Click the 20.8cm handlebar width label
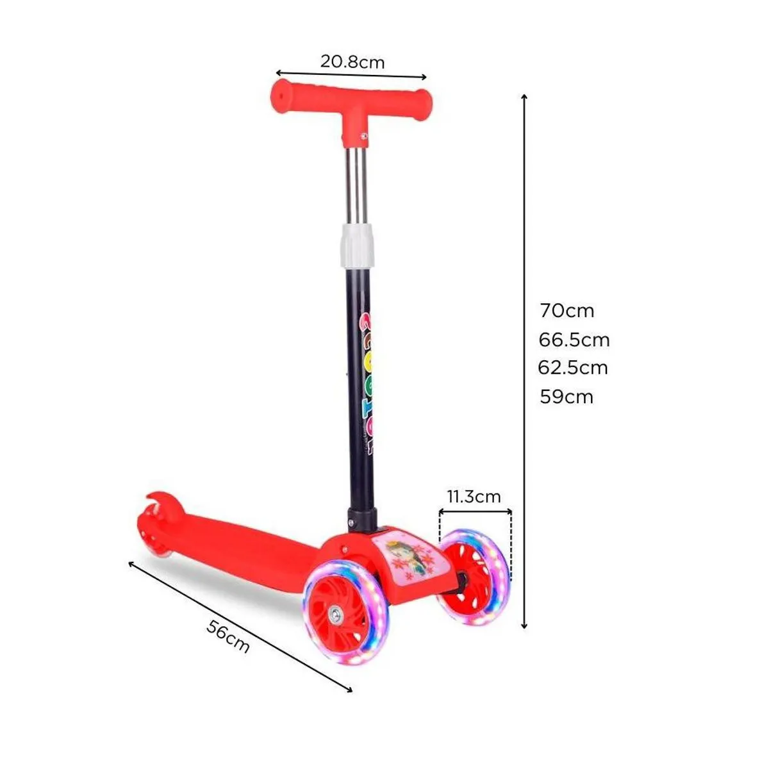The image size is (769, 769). [352, 62]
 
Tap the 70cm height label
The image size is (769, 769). [567, 311]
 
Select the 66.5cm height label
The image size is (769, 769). [574, 340]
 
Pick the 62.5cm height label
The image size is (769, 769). [573, 368]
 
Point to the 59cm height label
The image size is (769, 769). [566, 397]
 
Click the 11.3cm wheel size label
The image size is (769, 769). [474, 497]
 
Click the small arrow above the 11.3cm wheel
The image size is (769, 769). [475, 511]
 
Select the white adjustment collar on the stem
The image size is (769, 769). [358, 244]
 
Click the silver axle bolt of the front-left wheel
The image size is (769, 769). [335, 616]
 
